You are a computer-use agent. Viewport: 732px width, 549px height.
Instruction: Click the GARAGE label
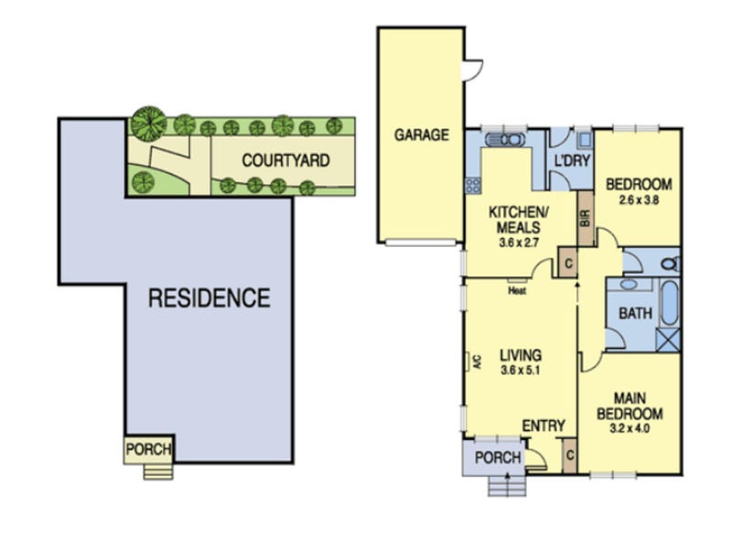[x=422, y=135]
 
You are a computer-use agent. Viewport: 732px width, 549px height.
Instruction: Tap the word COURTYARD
[x=285, y=161]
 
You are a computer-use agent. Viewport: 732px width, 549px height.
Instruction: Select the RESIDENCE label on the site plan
[x=210, y=298]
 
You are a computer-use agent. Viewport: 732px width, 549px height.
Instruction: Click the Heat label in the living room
[x=517, y=291]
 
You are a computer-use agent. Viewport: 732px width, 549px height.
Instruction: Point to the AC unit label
[x=477, y=361]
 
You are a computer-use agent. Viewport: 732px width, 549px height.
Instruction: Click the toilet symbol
[x=671, y=264]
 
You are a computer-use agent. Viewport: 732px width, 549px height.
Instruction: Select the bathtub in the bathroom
[x=670, y=303]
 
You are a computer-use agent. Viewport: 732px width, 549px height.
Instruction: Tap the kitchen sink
[x=505, y=139]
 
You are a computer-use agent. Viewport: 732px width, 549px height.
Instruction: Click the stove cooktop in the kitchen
[x=473, y=186]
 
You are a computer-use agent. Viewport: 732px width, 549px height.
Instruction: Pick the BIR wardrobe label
[x=586, y=219]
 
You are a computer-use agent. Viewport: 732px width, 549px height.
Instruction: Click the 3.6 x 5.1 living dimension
[x=521, y=371]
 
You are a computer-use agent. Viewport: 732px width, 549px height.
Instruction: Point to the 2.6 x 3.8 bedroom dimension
[x=639, y=200]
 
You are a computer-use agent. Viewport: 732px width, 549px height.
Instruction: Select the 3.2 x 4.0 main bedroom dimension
[x=630, y=428]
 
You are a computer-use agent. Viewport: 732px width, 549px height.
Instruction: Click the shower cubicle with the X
[x=668, y=339]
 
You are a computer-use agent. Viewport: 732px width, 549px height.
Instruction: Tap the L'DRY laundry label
[x=573, y=161]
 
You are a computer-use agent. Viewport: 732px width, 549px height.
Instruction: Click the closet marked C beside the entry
[x=569, y=455]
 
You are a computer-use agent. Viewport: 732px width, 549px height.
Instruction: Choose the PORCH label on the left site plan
[x=148, y=449]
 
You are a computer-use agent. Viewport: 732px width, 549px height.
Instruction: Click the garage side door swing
[x=472, y=70]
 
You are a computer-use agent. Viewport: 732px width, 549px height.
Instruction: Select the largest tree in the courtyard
[x=148, y=124]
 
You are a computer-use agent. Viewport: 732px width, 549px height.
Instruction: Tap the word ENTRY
[x=544, y=425]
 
